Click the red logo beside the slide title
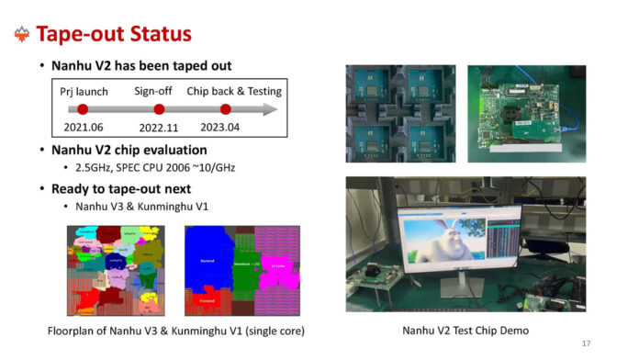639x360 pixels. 22,34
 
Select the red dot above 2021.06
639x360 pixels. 83,109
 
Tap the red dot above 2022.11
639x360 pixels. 159,109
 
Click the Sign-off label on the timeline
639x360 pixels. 157,91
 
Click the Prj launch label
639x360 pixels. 84,91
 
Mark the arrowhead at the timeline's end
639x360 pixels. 272,109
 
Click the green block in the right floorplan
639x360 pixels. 246,266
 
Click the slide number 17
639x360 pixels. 586,343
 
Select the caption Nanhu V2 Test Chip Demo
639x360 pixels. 465,331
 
